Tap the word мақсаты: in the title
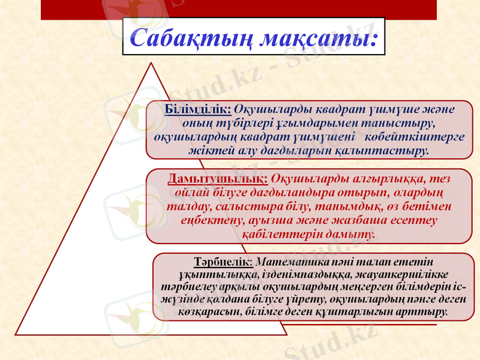point(317,38)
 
